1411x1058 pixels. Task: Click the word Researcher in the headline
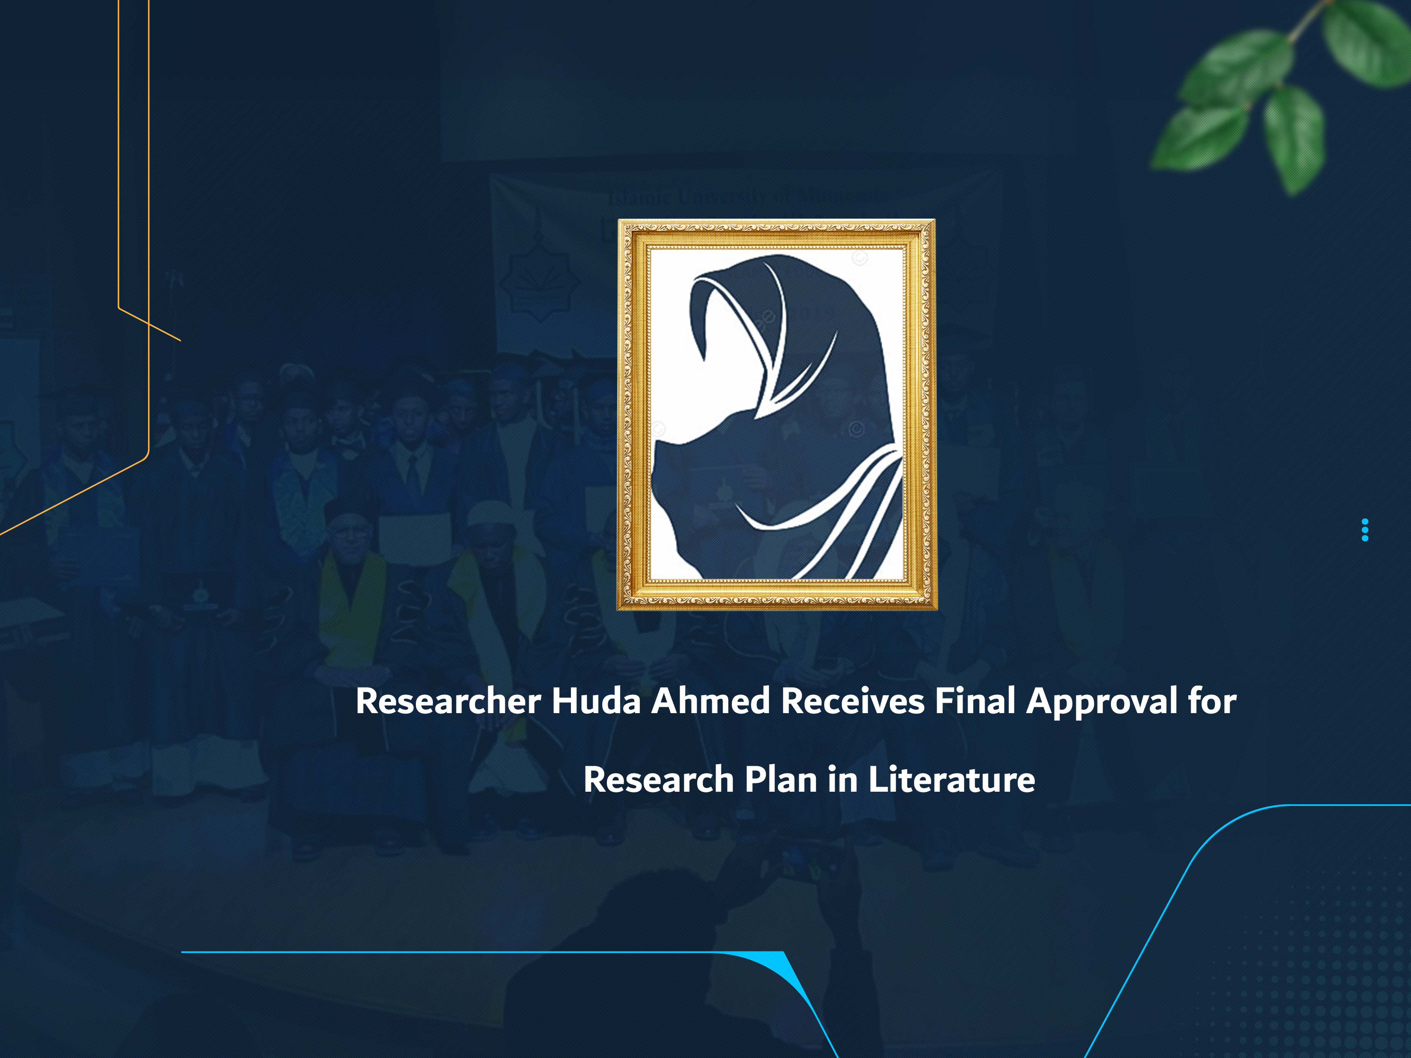point(448,702)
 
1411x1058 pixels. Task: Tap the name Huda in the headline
point(596,701)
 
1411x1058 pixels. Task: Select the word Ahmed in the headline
point(710,701)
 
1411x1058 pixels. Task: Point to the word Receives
point(853,701)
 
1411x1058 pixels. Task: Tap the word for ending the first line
point(1212,701)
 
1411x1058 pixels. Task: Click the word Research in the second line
point(658,780)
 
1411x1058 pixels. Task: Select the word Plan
point(782,780)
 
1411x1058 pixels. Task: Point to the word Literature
point(951,780)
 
